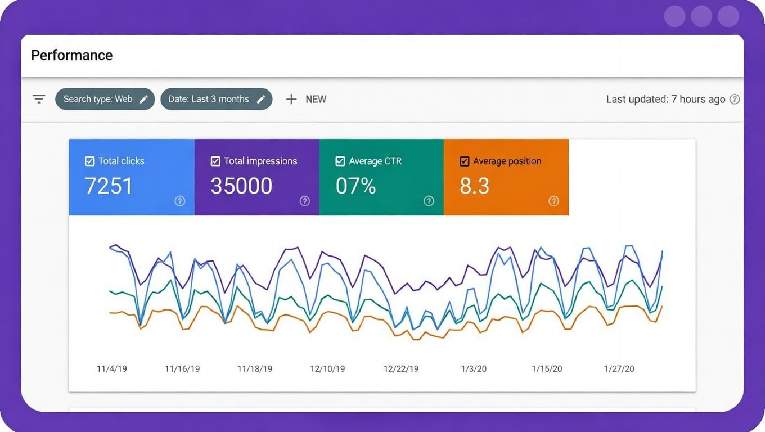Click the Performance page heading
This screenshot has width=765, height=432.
(x=71, y=55)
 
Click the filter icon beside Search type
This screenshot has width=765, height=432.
(x=39, y=99)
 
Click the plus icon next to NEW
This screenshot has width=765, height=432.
(x=291, y=99)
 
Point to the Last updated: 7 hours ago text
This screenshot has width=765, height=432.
(x=665, y=99)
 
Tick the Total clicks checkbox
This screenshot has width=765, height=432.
(x=89, y=161)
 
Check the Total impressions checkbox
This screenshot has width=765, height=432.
(x=215, y=161)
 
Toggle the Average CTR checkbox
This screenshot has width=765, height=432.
(x=340, y=161)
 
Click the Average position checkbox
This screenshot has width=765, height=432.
(x=464, y=161)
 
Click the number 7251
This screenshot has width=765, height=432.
(x=109, y=186)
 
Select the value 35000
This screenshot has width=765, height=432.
(x=241, y=186)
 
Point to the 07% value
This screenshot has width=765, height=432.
(x=355, y=186)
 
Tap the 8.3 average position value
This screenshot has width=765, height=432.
(x=474, y=186)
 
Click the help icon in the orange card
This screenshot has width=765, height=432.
(x=553, y=201)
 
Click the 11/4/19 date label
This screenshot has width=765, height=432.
(x=112, y=369)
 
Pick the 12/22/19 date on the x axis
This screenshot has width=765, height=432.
(x=401, y=369)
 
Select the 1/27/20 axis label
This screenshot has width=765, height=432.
(x=619, y=369)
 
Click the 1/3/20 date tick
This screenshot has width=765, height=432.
(x=474, y=369)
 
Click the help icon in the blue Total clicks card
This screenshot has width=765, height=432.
(x=179, y=201)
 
